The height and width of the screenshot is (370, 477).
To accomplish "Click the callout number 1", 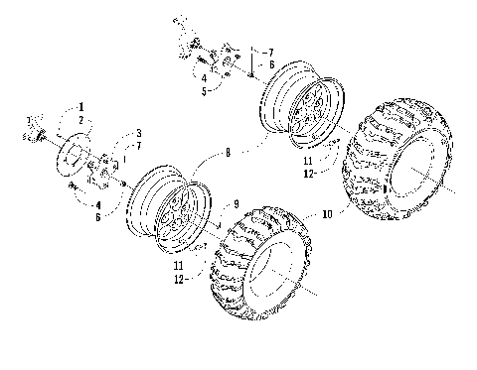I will tap(82, 105).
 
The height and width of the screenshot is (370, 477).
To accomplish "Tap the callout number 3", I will tap(138, 133).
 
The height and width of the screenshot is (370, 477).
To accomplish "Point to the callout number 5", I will tap(203, 90).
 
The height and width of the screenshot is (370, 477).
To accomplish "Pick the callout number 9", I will tap(236, 204).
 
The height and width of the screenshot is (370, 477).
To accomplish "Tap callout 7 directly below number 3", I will tap(138, 145).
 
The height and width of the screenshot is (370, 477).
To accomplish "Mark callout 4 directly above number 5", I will tap(203, 78).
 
